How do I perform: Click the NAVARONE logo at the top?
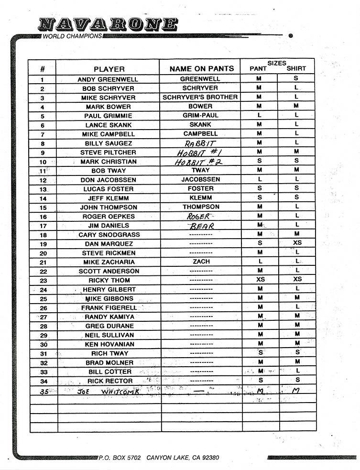(x=108, y=24)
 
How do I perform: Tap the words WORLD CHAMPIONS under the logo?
(x=72, y=36)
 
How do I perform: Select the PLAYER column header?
(x=109, y=69)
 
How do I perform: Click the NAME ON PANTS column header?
(x=202, y=69)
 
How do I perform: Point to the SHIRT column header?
(x=296, y=68)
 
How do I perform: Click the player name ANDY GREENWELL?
(x=108, y=79)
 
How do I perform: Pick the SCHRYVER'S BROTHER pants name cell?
(x=200, y=97)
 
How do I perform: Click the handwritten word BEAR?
(x=201, y=226)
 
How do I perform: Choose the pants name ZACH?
(x=201, y=262)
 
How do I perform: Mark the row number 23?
(x=43, y=281)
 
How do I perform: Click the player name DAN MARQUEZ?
(x=109, y=244)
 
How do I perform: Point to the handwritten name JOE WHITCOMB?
(x=108, y=391)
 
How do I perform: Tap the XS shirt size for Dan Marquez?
(x=297, y=243)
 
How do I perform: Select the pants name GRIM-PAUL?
(x=200, y=115)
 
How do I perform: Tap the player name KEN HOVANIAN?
(x=109, y=344)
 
